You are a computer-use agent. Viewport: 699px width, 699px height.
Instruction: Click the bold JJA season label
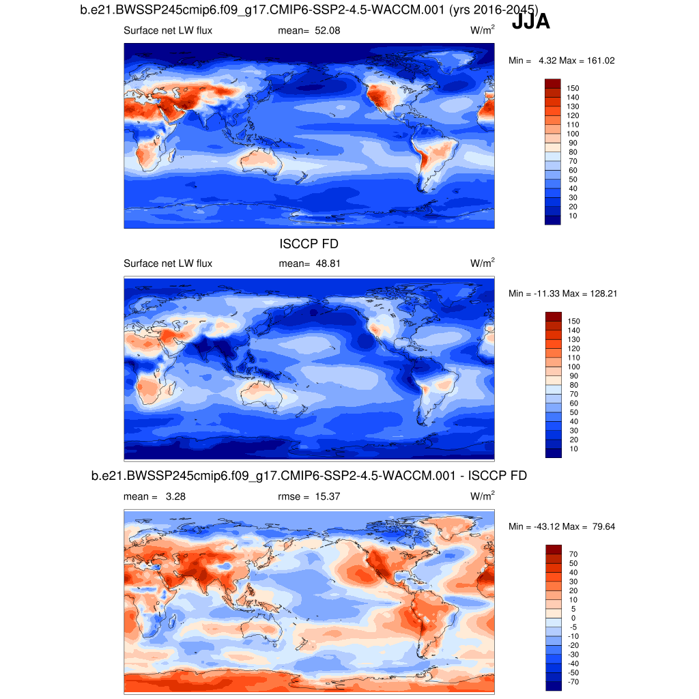(x=530, y=23)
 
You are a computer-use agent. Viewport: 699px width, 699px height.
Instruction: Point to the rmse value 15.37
(x=327, y=497)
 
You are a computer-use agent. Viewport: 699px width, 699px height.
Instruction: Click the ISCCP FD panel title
(x=309, y=244)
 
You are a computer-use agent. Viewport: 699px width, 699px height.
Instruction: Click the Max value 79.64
(x=601, y=526)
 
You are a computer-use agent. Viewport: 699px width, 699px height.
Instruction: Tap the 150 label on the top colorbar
(x=573, y=89)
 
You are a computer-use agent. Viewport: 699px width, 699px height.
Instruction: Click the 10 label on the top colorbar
(x=573, y=216)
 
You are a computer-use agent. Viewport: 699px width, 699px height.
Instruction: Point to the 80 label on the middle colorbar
(x=573, y=385)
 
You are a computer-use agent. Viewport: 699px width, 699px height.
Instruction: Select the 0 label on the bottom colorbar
(x=573, y=618)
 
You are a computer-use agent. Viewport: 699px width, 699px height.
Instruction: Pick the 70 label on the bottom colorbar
(x=573, y=555)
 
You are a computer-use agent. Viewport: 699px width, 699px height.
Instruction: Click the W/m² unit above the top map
(x=483, y=31)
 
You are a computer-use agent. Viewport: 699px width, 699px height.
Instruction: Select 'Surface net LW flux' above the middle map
(x=168, y=263)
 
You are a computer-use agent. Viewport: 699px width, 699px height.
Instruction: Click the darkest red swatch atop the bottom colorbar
(x=553, y=550)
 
